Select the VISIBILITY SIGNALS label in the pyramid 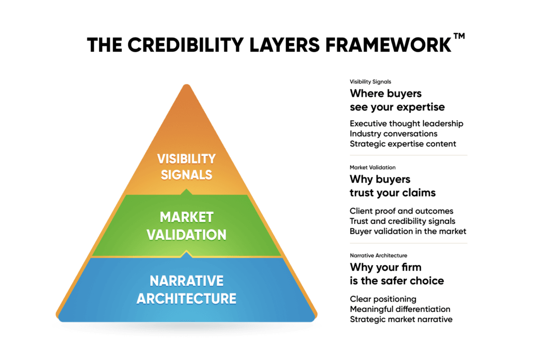pos(187,166)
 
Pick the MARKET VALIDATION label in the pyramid pos(187,225)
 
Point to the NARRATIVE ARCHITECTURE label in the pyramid pos(187,289)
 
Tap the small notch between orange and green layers pos(184,192)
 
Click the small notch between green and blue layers pos(184,255)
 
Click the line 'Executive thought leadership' pos(407,123)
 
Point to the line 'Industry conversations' pos(393,133)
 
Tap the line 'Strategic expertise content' pos(403,143)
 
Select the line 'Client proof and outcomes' pos(401,211)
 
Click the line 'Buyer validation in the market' pos(408,231)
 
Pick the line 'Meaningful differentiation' pos(400,309)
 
